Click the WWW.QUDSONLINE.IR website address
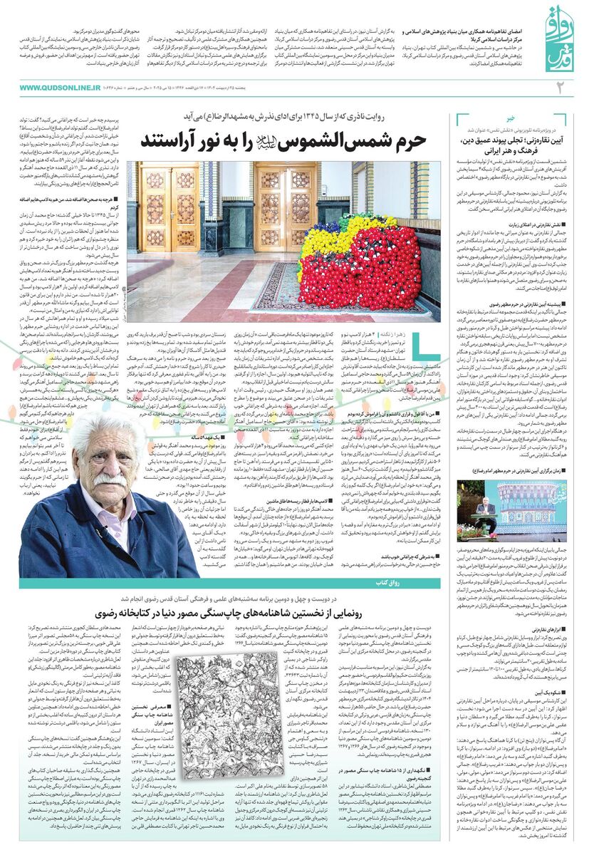pyautogui.click(x=61, y=88)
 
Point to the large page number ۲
pyautogui.click(x=559, y=88)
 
